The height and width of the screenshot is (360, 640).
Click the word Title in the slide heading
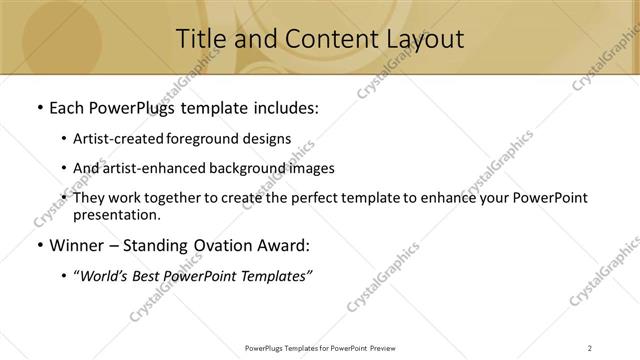200,39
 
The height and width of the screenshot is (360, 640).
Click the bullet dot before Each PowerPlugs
39,106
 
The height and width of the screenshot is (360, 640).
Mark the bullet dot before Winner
39,244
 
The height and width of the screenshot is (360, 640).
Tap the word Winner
78,244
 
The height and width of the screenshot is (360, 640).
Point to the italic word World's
106,277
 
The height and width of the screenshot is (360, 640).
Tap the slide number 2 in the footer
590,347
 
